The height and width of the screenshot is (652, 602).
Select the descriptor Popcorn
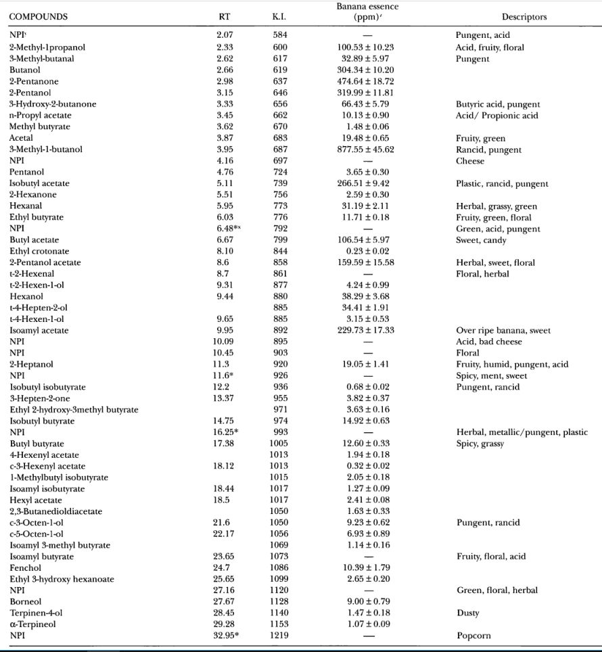tap(473, 636)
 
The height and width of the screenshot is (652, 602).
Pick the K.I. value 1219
tap(279, 636)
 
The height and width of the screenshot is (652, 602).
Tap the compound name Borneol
tap(26, 601)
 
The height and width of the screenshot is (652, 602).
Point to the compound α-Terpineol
tap(33, 624)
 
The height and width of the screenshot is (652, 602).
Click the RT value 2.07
tap(225, 35)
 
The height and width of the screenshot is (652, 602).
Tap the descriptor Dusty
tap(467, 613)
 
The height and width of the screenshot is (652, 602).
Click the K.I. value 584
tap(279, 35)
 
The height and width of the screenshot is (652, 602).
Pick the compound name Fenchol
tap(25, 567)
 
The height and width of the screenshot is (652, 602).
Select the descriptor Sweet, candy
tap(481, 240)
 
